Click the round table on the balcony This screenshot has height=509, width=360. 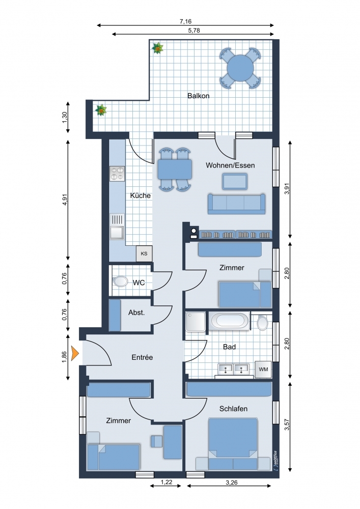(x=240, y=68)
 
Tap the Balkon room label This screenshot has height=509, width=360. (x=199, y=96)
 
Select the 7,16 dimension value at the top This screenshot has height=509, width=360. (x=185, y=21)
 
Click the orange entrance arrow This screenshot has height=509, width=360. (x=75, y=353)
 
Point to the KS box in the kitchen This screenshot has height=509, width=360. (x=144, y=253)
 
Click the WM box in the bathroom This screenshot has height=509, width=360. (x=263, y=370)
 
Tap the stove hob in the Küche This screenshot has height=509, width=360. (x=117, y=174)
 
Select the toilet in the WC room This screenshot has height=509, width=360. (x=121, y=281)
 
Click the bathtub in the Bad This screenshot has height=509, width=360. (x=229, y=321)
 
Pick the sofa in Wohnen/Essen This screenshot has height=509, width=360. (x=236, y=204)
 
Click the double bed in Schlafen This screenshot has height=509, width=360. (x=233, y=444)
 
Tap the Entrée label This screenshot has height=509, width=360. (x=142, y=357)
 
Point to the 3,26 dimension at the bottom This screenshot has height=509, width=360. (x=232, y=483)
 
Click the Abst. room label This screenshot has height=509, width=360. (x=136, y=313)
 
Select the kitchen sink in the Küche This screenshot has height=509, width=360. (x=117, y=227)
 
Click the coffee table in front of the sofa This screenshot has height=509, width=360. (x=235, y=181)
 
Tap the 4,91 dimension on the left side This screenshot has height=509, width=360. (x=65, y=200)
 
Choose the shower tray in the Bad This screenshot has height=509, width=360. (x=196, y=322)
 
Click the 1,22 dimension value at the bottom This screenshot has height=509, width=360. (x=166, y=483)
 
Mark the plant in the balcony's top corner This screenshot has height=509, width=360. (x=157, y=48)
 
